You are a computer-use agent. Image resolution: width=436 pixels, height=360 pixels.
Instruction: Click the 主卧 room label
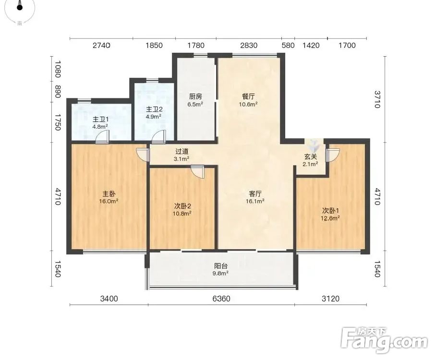[109, 193]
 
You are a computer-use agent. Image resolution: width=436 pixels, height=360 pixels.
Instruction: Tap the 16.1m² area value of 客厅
[255, 201]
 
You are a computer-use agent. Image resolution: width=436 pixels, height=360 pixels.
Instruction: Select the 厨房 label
[195, 96]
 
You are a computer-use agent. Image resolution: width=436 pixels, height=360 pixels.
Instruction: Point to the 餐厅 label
[248, 96]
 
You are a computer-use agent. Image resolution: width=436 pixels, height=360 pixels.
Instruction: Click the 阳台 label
[220, 266]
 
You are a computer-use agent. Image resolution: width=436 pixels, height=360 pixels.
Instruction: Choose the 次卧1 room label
[330, 211]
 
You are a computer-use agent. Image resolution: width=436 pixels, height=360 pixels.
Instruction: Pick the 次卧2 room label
[182, 206]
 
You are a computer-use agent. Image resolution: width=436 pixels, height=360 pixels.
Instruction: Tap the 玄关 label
[310, 156]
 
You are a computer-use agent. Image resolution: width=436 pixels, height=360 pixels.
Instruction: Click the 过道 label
[182, 152]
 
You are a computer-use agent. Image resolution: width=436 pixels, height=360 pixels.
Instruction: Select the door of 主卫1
[102, 137]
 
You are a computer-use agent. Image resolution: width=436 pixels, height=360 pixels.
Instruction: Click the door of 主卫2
[159, 137]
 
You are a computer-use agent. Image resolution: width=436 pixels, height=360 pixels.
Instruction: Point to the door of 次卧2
[198, 172]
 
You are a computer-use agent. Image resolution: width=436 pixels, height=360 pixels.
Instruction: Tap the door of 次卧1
[333, 155]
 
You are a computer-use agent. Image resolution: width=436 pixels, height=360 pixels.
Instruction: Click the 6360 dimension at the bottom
[221, 299]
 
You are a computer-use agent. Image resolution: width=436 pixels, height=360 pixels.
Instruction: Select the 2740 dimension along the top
[101, 45]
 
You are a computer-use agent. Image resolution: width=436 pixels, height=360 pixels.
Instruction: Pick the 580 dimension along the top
[288, 45]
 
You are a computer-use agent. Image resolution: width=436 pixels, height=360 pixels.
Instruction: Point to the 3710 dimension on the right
[377, 99]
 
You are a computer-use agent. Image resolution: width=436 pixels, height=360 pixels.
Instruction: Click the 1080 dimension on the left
[58, 69]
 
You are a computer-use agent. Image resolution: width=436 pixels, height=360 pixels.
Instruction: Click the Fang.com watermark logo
[384, 340]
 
